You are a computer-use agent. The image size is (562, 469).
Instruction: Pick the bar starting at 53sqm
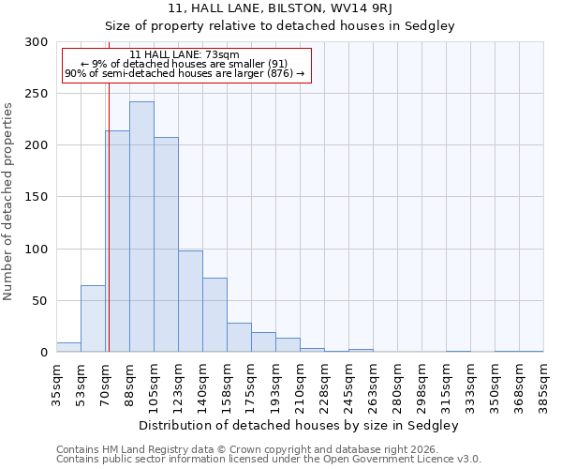(x=93, y=319)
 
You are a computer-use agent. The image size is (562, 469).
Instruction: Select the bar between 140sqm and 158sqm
(x=214, y=315)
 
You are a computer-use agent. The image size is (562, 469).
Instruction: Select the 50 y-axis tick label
(x=41, y=301)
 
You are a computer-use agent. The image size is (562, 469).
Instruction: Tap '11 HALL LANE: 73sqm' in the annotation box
(x=185, y=54)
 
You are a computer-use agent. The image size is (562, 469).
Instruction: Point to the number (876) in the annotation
(x=279, y=73)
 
